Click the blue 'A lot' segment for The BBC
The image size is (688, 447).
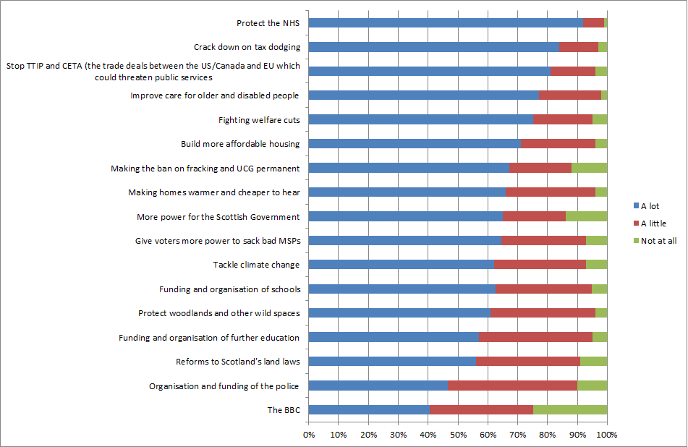pos(369,410)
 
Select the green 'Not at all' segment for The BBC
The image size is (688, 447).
pos(570,410)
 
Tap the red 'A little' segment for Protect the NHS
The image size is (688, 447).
pos(593,23)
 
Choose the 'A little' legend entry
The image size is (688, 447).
pos(652,223)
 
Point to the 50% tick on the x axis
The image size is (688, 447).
pos(458,435)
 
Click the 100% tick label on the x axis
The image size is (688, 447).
pos(606,435)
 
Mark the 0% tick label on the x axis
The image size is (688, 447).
pos(309,435)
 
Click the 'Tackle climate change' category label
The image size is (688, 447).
pos(256,265)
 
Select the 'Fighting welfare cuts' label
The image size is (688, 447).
pos(259,120)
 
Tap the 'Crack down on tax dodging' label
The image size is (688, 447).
pos(247,47)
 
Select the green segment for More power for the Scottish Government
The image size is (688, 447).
pos(587,216)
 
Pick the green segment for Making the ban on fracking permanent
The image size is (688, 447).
pos(589,168)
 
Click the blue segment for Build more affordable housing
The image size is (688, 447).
pos(415,144)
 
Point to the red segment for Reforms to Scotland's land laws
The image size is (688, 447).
pos(527,362)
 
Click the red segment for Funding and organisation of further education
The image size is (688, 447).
pos(535,337)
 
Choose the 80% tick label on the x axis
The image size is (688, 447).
pos(548,435)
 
